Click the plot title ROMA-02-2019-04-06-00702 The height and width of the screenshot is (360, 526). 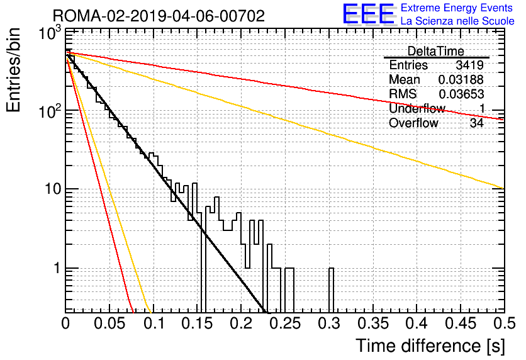tap(159, 16)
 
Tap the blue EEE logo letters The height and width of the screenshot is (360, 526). tap(368, 14)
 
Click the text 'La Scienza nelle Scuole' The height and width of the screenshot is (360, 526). tap(457, 21)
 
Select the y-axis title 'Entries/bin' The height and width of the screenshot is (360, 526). tap(14, 70)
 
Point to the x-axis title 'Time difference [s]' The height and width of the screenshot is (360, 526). tap(430, 346)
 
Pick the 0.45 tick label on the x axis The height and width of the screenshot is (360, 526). tap(461, 323)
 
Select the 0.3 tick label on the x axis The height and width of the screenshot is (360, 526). tap(330, 323)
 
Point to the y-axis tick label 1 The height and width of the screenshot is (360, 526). tap(57, 268)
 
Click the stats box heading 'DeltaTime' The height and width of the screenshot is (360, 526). tap(435, 51)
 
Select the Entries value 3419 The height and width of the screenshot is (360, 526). tap(469, 65)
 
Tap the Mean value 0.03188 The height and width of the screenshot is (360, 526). tap(461, 79)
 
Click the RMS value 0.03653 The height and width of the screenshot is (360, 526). tap(461, 94)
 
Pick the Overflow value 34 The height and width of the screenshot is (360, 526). tap(476, 123)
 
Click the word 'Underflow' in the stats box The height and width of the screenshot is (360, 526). tap(417, 108)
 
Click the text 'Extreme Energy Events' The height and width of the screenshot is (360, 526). tap(457, 8)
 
